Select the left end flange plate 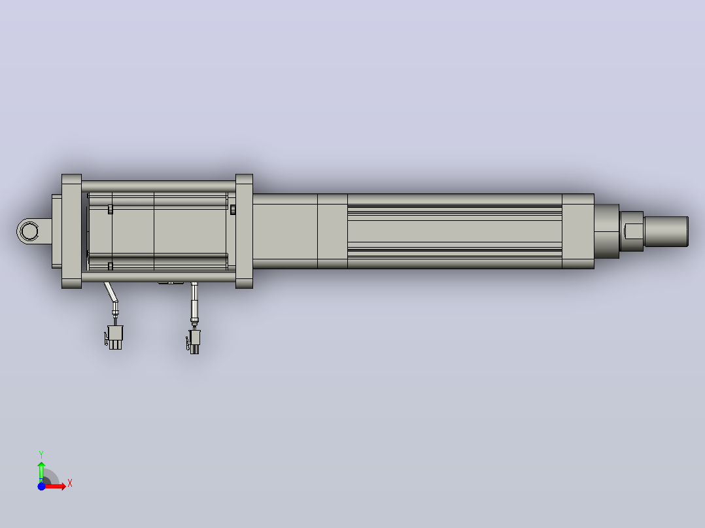click(x=71, y=231)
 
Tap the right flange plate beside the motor click(x=244, y=231)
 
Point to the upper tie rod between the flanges click(x=158, y=186)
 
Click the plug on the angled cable click(x=114, y=337)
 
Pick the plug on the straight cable click(x=194, y=342)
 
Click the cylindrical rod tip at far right click(x=666, y=231)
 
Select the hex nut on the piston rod click(x=632, y=231)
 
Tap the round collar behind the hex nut click(x=606, y=231)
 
